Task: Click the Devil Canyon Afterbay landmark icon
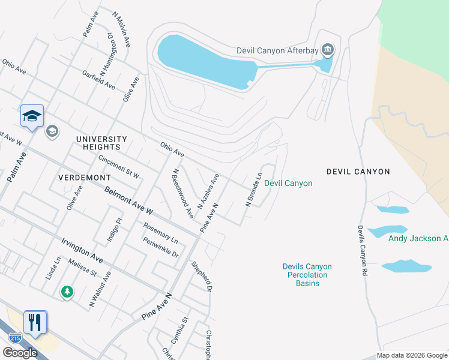click(x=328, y=49)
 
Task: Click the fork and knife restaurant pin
click(x=35, y=322)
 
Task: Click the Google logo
click(x=20, y=353)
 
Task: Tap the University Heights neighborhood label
click(x=102, y=143)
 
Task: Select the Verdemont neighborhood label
click(x=84, y=178)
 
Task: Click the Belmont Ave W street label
click(x=128, y=200)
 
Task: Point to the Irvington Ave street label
click(x=82, y=250)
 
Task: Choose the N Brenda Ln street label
click(x=254, y=190)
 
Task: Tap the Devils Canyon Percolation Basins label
click(x=307, y=275)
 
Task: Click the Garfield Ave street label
click(x=99, y=80)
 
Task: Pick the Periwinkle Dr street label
click(x=160, y=247)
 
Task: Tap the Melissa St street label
click(x=82, y=265)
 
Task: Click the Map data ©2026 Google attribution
click(x=412, y=355)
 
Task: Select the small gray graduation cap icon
click(x=52, y=131)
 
